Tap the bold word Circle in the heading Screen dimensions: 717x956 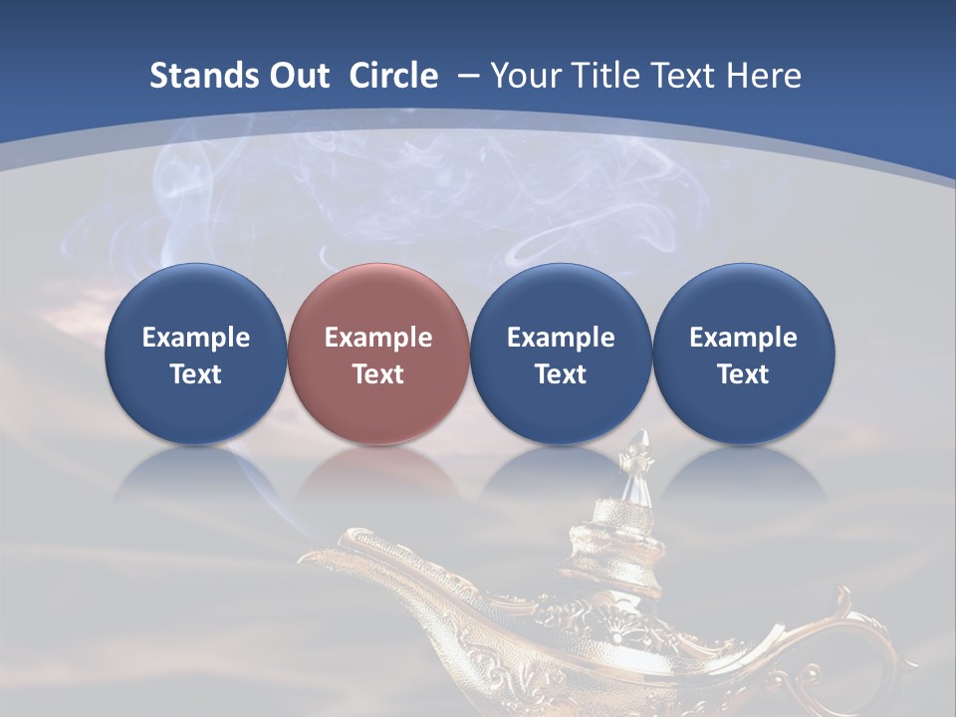click(393, 76)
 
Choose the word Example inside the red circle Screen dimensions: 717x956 click(377, 338)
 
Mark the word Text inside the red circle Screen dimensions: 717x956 click(377, 374)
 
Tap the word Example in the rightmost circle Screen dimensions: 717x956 click(743, 338)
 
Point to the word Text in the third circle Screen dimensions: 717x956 click(561, 374)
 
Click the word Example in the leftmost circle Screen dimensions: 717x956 click(195, 338)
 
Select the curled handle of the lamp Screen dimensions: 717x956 click(856, 637)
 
